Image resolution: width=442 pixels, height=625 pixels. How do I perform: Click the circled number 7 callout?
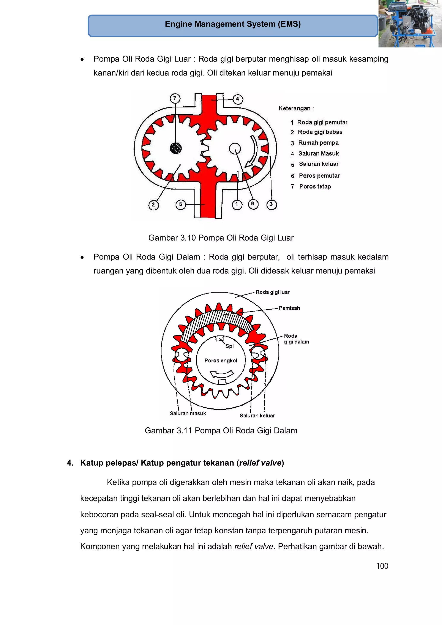175,98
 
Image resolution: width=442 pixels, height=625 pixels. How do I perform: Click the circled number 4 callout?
237,99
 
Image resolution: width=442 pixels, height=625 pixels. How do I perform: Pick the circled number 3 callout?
271,204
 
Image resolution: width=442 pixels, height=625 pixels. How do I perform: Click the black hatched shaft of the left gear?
176,148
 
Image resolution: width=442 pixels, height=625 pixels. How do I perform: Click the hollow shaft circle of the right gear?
235,149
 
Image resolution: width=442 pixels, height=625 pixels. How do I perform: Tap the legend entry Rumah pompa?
318,143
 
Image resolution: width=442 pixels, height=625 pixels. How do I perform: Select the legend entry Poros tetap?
315,186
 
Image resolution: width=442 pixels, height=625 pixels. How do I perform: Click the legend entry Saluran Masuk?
318,154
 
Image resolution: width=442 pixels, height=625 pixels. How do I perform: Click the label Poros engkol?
221,361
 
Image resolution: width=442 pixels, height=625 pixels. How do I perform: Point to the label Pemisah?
289,308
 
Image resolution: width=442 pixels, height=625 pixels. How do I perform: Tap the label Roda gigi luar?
272,292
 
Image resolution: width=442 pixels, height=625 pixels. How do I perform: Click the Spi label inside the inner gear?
230,346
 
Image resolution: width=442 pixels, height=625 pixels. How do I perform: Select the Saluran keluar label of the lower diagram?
257,416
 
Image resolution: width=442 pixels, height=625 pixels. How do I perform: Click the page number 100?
382,566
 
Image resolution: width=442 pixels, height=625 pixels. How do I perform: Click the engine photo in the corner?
410,24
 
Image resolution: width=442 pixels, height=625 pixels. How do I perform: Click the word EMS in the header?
289,24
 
